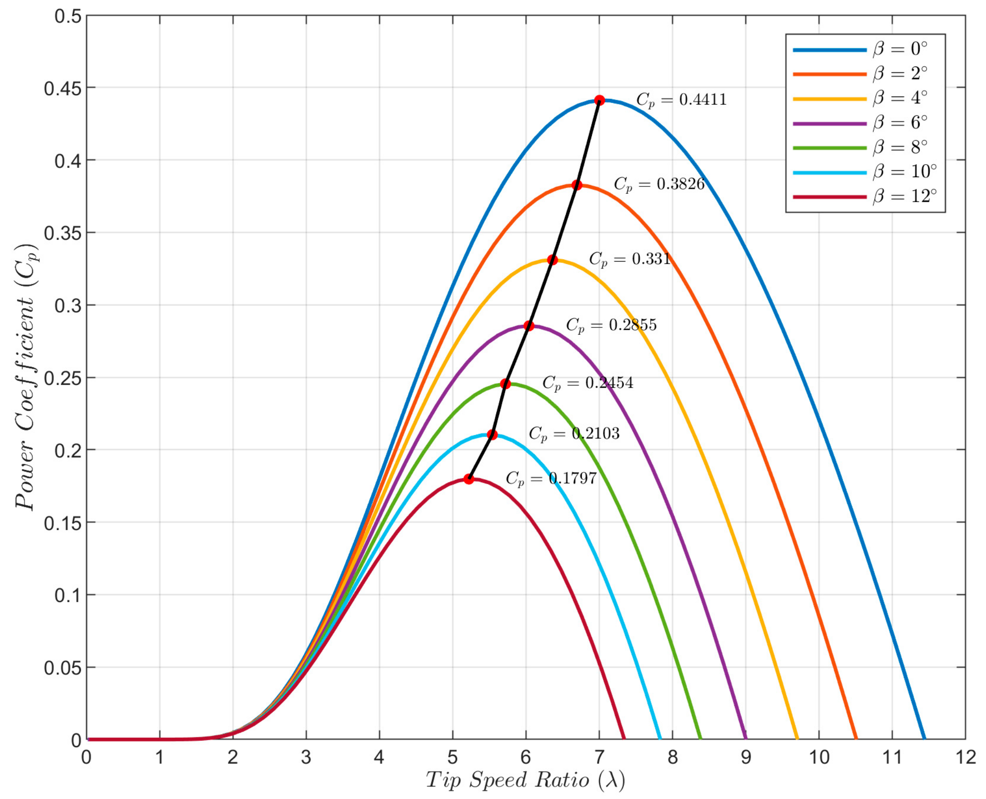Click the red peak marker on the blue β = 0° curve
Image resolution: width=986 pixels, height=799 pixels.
click(x=599, y=100)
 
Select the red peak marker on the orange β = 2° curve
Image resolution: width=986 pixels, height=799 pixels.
click(x=577, y=185)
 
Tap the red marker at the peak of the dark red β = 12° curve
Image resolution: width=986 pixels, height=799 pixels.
click(x=469, y=479)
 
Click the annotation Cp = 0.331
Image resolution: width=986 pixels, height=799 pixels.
click(x=630, y=259)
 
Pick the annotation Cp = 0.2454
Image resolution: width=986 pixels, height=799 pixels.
click(x=588, y=383)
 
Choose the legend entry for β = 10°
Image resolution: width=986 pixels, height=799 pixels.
click(x=864, y=172)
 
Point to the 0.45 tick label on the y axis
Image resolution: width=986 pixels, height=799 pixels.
click(x=63, y=88)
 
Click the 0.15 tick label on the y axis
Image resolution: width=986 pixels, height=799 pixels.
click(x=63, y=523)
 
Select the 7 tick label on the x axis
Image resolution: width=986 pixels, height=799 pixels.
click(x=599, y=758)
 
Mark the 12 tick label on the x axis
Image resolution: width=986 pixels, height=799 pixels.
click(x=965, y=758)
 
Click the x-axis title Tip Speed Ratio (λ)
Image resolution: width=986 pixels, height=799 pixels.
click(x=525, y=780)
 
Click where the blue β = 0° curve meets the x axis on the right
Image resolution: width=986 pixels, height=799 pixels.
click(x=924, y=739)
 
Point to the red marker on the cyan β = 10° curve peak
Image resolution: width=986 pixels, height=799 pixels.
click(x=493, y=435)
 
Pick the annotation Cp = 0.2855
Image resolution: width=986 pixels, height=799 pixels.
click(x=611, y=325)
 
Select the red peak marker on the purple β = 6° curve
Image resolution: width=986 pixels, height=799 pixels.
click(x=529, y=326)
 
